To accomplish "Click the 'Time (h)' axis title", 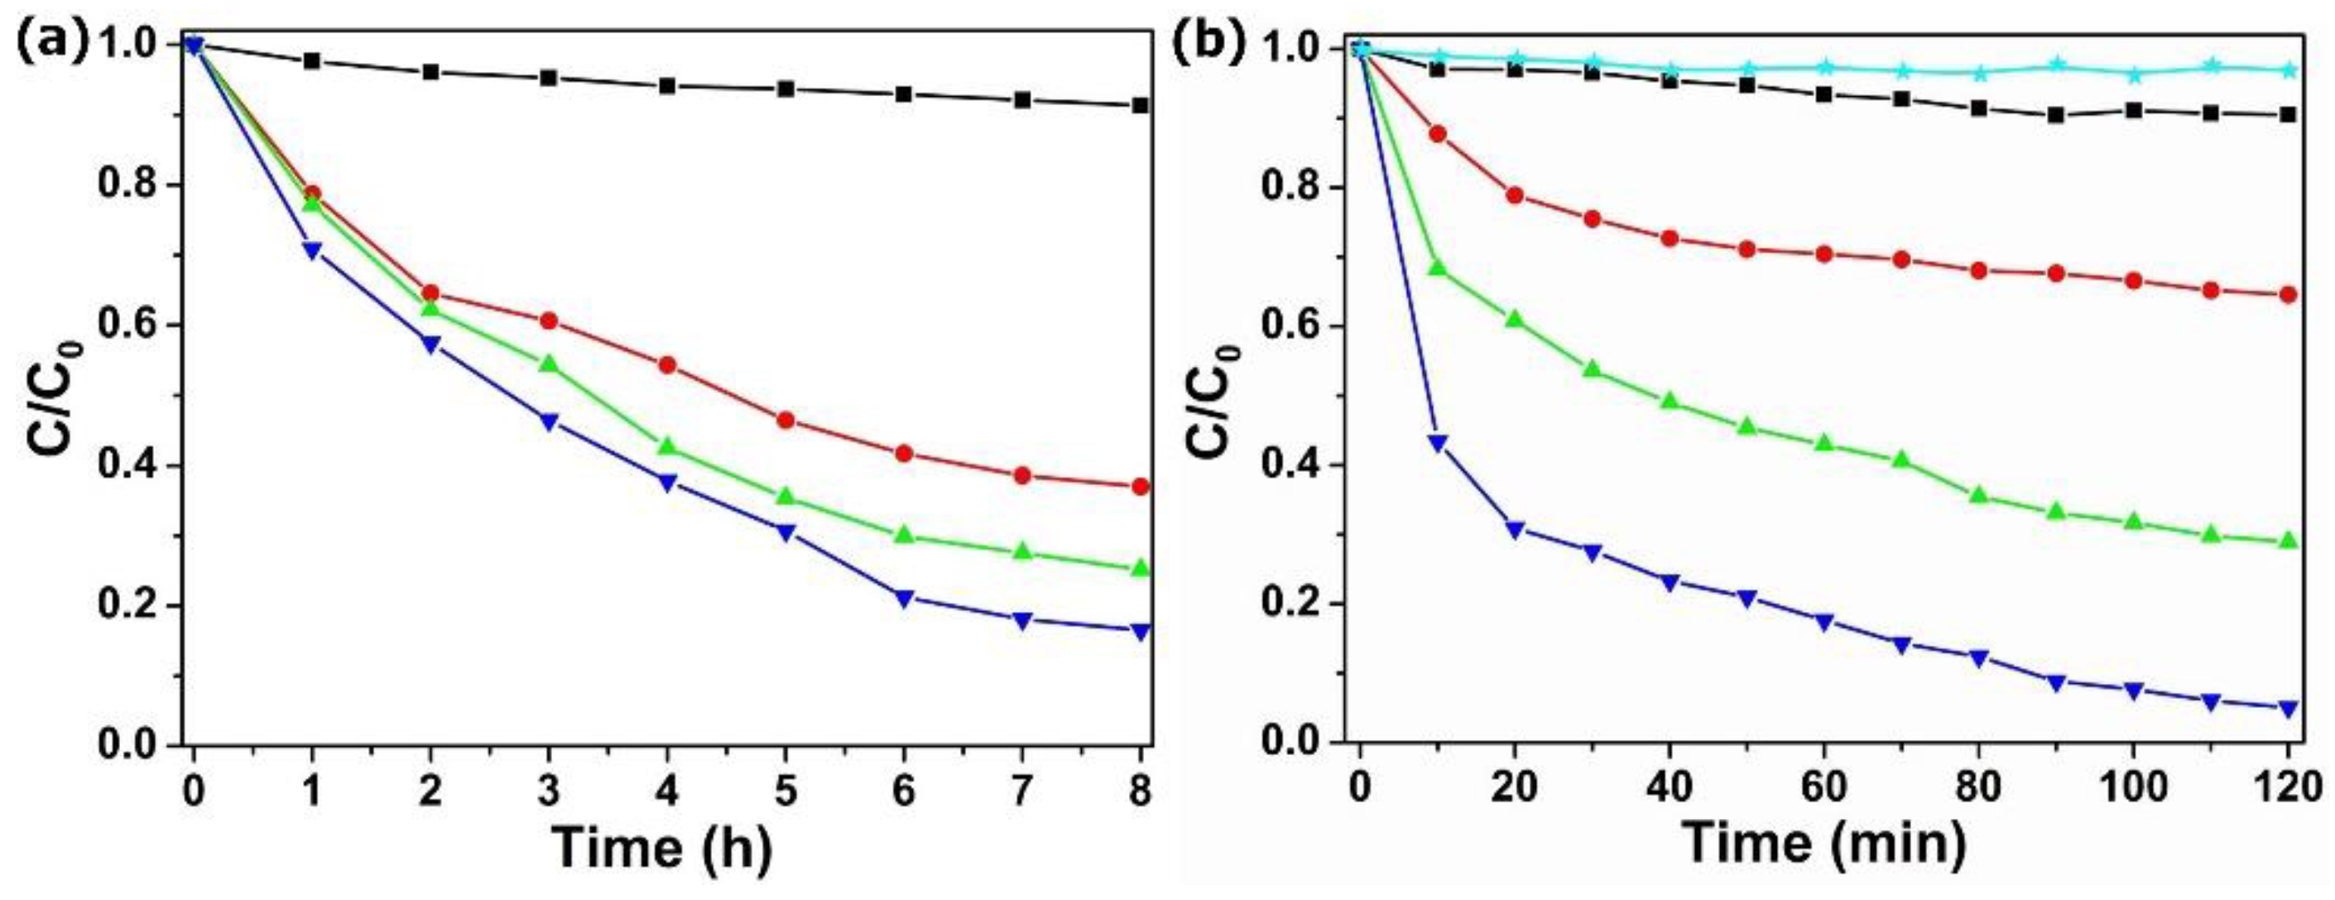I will (x=663, y=848).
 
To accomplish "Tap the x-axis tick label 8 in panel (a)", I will (x=1141, y=792).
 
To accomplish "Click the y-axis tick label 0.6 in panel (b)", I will (x=1289, y=326).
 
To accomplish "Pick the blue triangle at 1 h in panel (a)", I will (x=312, y=251).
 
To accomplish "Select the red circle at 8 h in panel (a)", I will (x=1141, y=487).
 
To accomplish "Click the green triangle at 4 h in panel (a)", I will (x=667, y=446).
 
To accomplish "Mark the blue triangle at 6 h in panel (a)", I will (x=904, y=598).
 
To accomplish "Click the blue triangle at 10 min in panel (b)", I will (x=1437, y=442).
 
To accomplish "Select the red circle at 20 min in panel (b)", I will (x=1514, y=195).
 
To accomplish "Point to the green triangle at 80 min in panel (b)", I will (x=1979, y=495).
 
